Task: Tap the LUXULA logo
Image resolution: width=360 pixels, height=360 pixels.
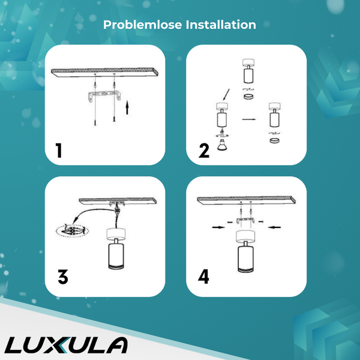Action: [x=67, y=345]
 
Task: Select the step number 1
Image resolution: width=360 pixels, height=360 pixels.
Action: [x=59, y=151]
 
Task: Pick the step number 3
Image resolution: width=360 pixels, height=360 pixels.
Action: [x=63, y=277]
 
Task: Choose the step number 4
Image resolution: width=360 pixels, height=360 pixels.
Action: [x=205, y=277]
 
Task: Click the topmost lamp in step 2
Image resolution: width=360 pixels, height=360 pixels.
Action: [x=247, y=71]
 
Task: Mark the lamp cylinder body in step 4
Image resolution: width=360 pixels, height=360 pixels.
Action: [x=246, y=254]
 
